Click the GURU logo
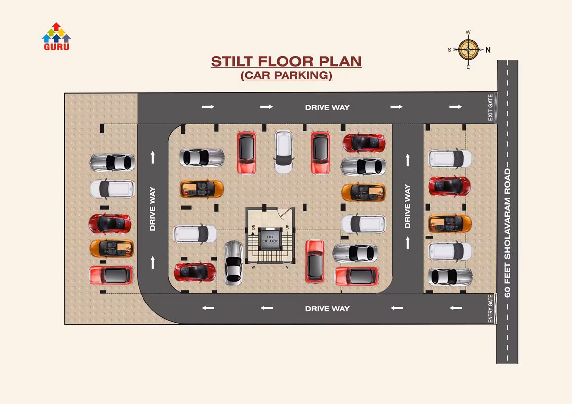tap(56, 36)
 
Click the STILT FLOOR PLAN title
tap(286, 61)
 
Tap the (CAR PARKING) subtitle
tap(286, 75)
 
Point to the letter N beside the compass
tap(488, 50)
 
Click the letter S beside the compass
tap(449, 50)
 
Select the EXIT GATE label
tap(490, 107)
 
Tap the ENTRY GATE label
tap(490, 308)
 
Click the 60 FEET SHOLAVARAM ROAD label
tap(507, 233)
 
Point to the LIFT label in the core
tap(270, 237)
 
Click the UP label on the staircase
tap(287, 227)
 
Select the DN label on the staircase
tap(253, 227)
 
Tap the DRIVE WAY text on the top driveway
tap(327, 107)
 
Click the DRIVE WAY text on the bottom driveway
tap(327, 309)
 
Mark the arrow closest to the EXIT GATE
tap(455, 107)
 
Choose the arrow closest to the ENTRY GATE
tap(456, 308)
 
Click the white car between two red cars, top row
tap(284, 152)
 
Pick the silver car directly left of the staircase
tap(233, 263)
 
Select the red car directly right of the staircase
tap(315, 261)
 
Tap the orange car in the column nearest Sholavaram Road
tap(450, 223)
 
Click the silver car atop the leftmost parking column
tap(112, 162)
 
